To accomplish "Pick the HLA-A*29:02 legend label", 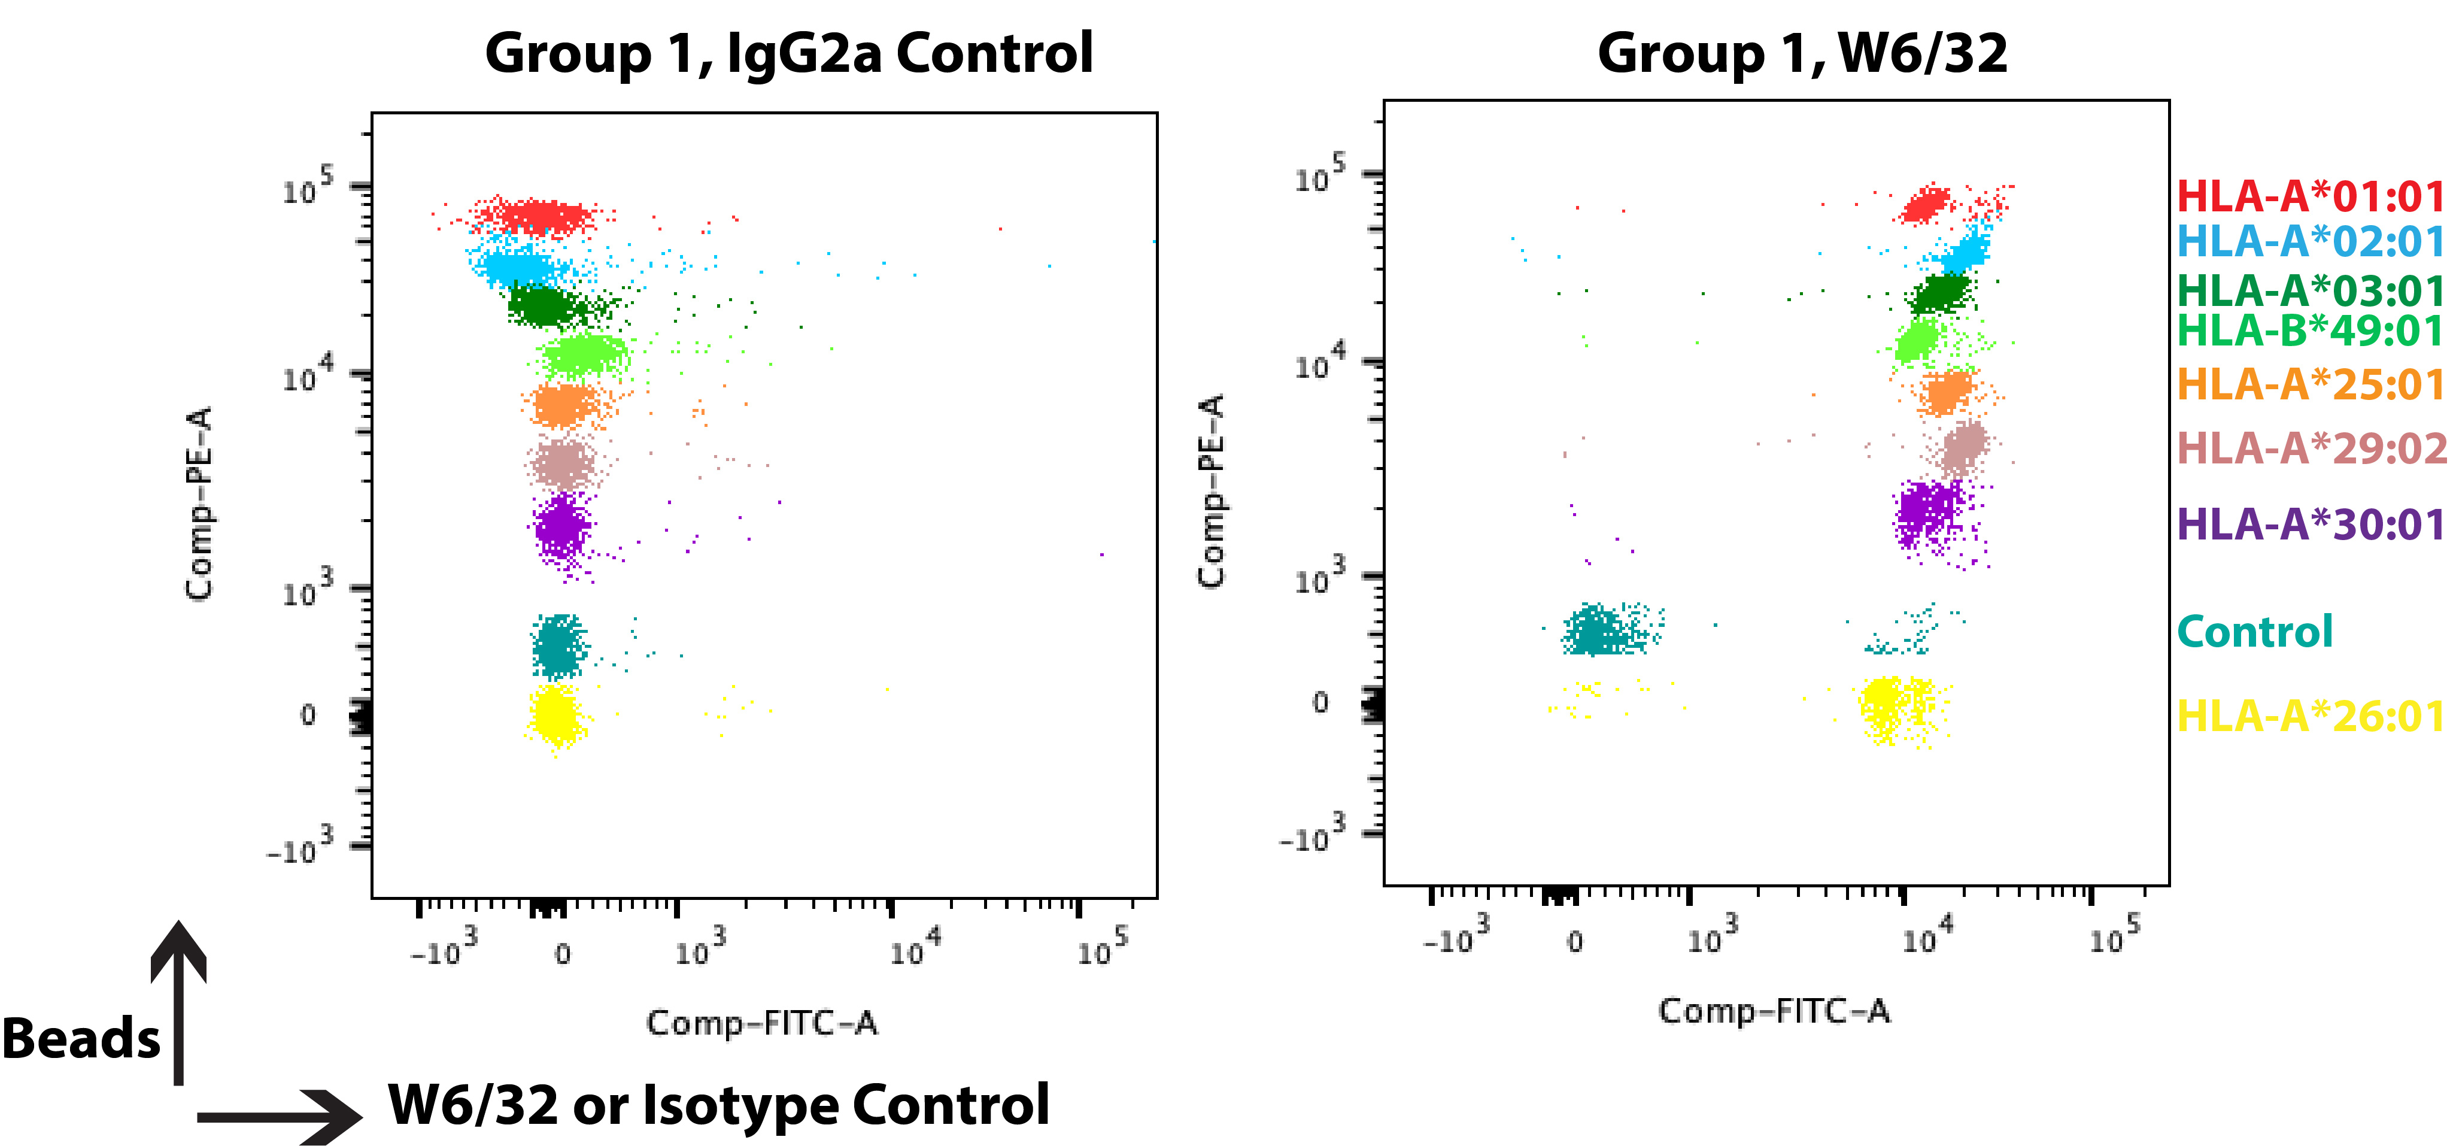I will coord(2311,448).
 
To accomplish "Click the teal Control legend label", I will coord(2254,632).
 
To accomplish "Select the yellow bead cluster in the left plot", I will coord(554,715).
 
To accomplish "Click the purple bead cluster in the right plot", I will coord(1926,514).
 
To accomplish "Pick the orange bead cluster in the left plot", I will coord(564,405).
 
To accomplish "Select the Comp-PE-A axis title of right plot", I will coord(1211,491).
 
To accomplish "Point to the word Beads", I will coord(81,1039).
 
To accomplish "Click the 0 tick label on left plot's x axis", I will coord(562,954).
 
